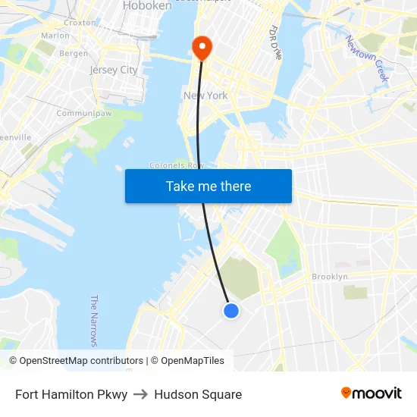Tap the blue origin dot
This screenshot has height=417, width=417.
pos(232,310)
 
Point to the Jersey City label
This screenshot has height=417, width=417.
pos(114,70)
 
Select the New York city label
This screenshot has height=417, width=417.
pos(205,96)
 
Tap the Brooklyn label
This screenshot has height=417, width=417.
pos(329,277)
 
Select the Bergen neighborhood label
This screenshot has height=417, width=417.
pos(74,54)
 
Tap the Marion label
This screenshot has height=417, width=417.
pos(55,36)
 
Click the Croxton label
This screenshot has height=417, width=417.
pos(80,23)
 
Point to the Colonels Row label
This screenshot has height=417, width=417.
pos(177,165)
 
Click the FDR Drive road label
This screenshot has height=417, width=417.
pos(275,42)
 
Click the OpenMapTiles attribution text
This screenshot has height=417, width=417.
pos(192,361)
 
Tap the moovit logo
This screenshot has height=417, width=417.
pos(372,393)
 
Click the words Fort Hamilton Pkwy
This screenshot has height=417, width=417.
pos(71,394)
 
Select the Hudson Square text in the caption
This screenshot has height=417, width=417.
pos(198,394)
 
